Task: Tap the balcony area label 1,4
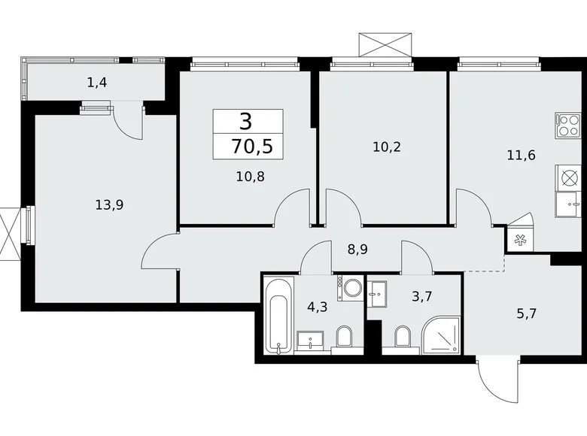[97, 83]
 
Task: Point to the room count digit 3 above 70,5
[246, 121]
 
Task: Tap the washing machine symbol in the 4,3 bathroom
[351, 289]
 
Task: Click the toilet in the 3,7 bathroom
[402, 338]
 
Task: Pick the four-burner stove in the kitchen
[568, 124]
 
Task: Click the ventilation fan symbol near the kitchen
[520, 241]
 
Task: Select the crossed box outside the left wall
[9, 232]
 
